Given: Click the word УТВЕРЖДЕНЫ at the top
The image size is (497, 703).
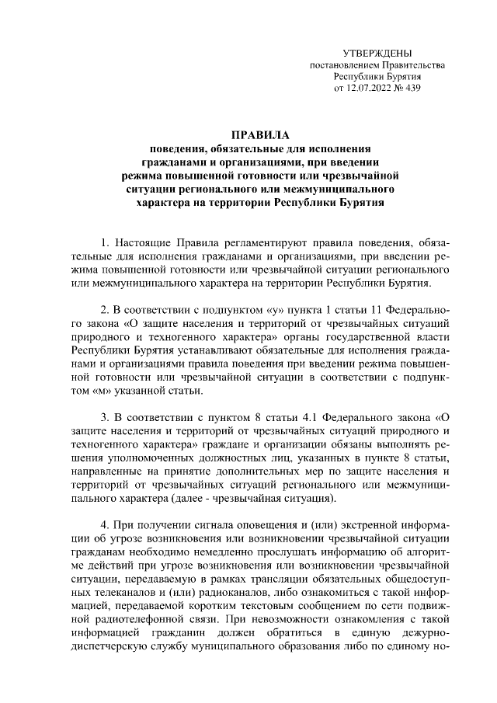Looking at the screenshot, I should [377, 52].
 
